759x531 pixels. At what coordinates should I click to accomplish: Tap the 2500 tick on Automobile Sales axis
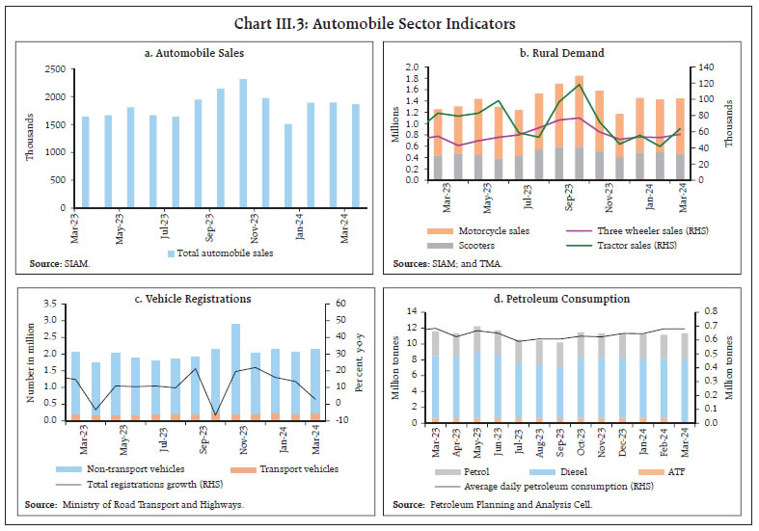(x=57, y=69)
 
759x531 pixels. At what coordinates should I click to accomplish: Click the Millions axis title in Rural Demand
(x=393, y=124)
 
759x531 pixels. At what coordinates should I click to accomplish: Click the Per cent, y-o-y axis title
(x=362, y=360)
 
